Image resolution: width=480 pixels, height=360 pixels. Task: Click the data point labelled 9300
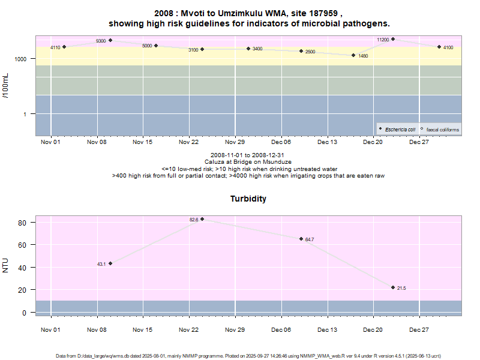click(110, 40)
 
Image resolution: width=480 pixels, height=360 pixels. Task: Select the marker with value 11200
click(393, 39)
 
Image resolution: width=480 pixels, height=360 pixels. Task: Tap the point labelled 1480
click(354, 55)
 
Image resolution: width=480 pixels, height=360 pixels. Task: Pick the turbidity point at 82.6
click(202, 219)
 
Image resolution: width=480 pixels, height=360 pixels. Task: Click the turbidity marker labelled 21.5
click(393, 287)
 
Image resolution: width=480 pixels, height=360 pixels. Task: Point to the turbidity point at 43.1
click(110, 263)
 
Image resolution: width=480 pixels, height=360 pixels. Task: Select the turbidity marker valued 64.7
click(301, 239)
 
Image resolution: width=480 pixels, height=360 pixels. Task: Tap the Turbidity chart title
click(248, 199)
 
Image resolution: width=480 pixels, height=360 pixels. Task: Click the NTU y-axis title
click(5, 265)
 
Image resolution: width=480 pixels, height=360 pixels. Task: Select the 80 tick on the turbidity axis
click(22, 223)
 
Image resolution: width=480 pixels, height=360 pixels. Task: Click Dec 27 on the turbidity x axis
click(419, 330)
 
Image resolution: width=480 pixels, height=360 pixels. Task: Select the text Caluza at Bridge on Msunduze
click(248, 162)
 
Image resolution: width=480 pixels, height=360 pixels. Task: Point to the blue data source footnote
click(248, 356)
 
